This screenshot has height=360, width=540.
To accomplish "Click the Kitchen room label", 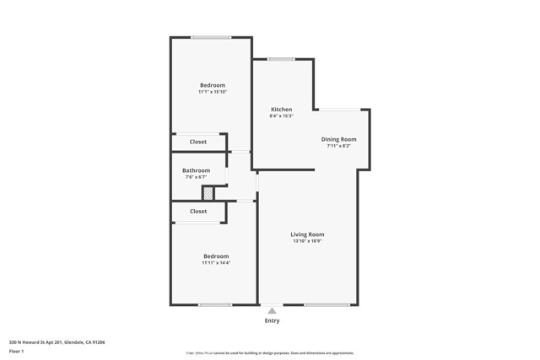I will pos(281,110).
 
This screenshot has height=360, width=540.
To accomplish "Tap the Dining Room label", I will pos(338,139).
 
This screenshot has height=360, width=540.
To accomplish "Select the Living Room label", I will pos(307,234).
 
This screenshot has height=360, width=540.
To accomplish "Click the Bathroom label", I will pos(196,170).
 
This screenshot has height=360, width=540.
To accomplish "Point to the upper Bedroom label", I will pos(212,85).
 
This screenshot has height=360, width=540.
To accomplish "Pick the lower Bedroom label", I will pos(215,256).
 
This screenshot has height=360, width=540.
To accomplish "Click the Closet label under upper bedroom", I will pos(197,142).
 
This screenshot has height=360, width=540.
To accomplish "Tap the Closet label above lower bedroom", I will pos(197,212).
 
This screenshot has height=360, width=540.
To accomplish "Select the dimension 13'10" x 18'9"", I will pos(307,241).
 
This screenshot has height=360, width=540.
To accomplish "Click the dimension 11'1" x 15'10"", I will pos(212,92).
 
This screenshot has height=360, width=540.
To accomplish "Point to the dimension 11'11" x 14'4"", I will pos(215,263).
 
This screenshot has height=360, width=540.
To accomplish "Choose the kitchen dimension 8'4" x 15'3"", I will pos(281,116).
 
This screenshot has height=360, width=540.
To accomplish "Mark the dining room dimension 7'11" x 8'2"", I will pos(338,146).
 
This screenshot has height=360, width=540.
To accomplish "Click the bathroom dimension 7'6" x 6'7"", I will pos(196,177).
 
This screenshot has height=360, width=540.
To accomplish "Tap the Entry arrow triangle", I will pos(272,311).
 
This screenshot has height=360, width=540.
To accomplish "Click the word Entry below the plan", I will pos(272,320).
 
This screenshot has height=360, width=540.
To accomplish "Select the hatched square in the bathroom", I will pos(208,194).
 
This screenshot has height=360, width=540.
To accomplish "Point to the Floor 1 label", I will pos(16,351).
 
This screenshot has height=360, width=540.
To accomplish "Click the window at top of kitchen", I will pos(281,59).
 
